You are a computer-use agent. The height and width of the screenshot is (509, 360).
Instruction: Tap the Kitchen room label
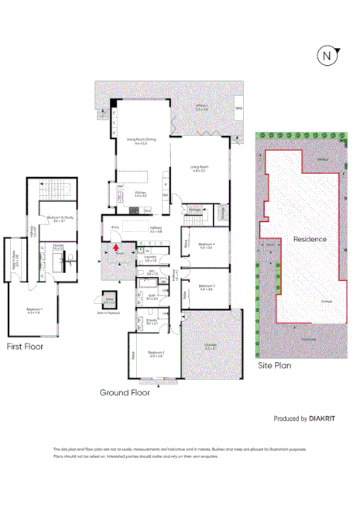coord(141,193)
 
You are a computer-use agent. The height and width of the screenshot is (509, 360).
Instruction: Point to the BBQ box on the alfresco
coord(238,109)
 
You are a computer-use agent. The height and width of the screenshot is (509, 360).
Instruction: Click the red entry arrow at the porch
coord(117,247)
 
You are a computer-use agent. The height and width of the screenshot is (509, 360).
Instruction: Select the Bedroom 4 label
coord(206,246)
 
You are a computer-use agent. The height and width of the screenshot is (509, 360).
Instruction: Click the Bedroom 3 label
coord(206,287)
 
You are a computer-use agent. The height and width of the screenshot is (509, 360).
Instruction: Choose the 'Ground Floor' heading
coord(124,392)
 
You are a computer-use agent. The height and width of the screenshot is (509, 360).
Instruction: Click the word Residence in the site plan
coord(310,239)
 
